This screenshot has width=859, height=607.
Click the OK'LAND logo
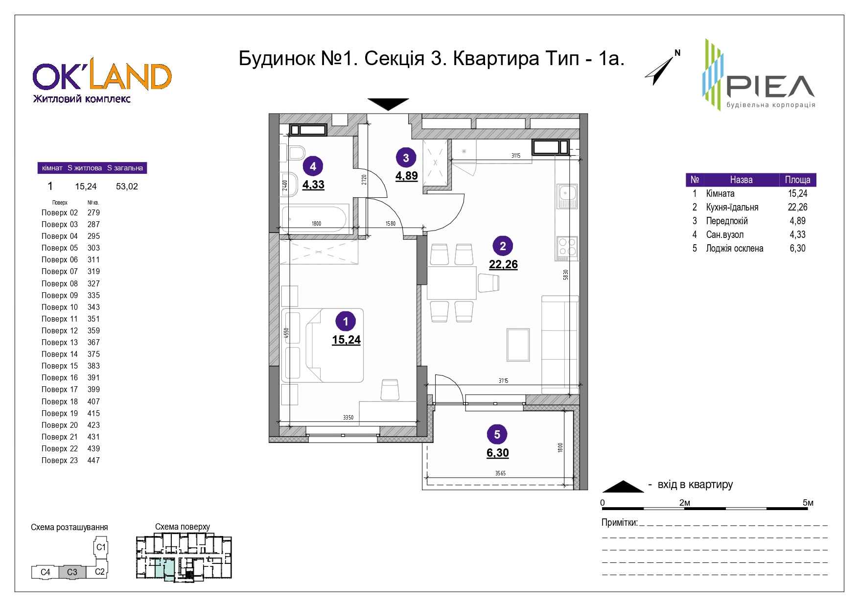coord(102,82)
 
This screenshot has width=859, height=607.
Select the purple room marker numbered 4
coord(313,166)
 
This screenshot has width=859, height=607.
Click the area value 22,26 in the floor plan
coord(503,264)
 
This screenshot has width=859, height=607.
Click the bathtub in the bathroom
coord(314,218)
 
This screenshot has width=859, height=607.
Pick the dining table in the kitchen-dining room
coord(452,283)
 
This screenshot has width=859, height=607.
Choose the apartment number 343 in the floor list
coord(93,307)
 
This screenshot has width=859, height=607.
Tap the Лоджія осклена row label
coord(735,248)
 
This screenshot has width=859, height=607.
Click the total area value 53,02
coord(127,187)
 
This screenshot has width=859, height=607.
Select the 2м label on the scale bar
coord(685,503)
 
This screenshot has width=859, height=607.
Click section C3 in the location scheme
coord(72,572)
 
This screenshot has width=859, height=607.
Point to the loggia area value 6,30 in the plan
coord(498,453)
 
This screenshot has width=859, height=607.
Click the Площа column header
coord(798,180)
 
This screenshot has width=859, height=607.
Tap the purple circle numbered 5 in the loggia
coord(497,434)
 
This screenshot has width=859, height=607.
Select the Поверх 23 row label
coord(60,460)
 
